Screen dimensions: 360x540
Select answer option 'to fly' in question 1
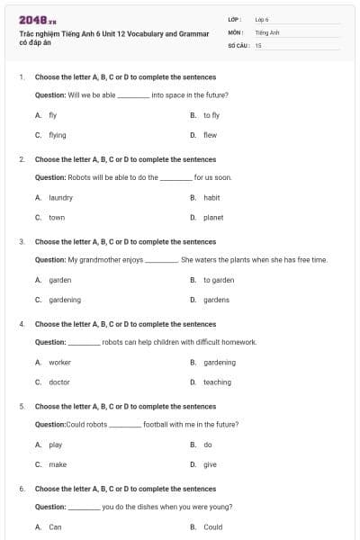[x=211, y=115]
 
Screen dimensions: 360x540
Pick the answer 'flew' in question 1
[x=210, y=135]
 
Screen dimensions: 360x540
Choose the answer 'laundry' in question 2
[x=60, y=197]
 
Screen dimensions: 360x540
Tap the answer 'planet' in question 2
[x=213, y=217]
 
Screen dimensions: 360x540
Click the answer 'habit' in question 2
[x=211, y=197]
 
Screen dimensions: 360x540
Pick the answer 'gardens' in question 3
[x=216, y=300]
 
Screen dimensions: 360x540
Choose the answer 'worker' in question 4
[x=59, y=363]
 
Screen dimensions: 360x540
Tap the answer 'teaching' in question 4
[x=217, y=382]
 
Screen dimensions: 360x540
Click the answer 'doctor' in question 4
[x=59, y=382]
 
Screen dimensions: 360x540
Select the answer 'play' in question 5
[x=56, y=445]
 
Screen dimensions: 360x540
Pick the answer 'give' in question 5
[x=210, y=464]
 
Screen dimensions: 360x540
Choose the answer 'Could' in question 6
[x=212, y=527]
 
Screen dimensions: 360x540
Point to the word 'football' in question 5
[x=157, y=424]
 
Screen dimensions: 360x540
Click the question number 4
[x=21, y=324]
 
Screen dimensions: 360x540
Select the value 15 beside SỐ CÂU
[x=258, y=44]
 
